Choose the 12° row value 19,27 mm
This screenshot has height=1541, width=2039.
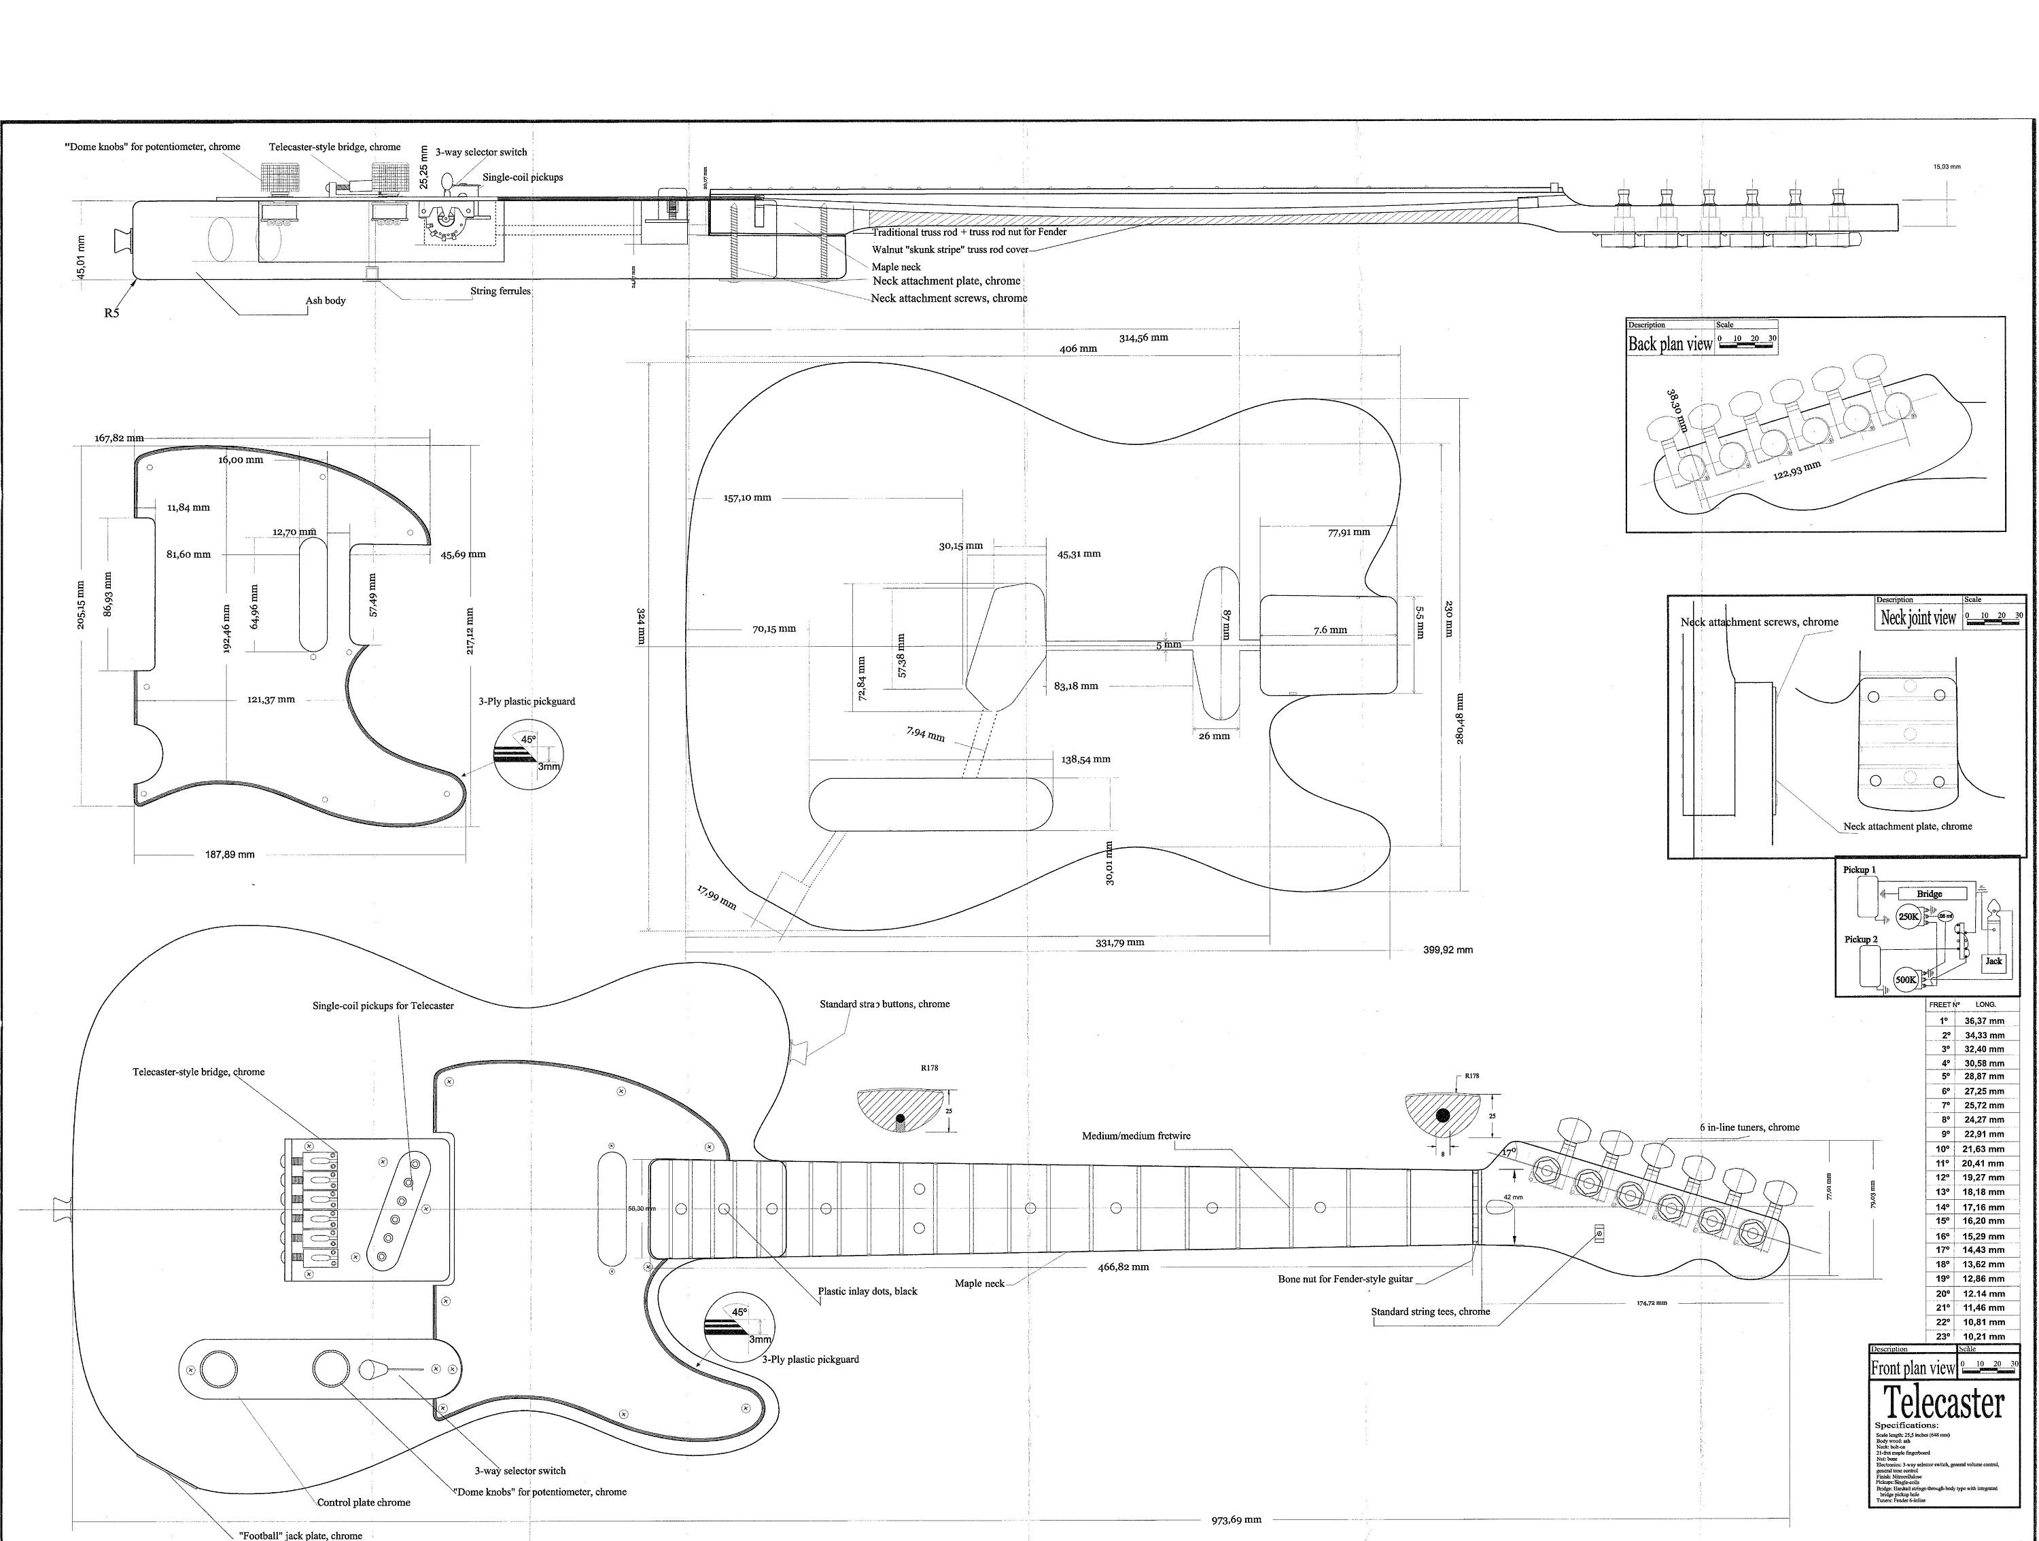(x=1984, y=1177)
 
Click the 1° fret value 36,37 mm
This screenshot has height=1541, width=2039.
(x=1984, y=1021)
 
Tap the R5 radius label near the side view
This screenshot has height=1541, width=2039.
(x=111, y=313)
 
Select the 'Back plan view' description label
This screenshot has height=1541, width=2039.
(x=1669, y=344)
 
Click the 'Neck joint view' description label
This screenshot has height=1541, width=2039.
(x=1917, y=618)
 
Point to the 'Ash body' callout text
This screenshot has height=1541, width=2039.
(x=326, y=300)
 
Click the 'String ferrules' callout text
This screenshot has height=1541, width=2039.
(x=500, y=291)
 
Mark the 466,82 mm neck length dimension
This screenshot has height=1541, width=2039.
(x=1123, y=1267)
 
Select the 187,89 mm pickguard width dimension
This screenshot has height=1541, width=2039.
(x=230, y=854)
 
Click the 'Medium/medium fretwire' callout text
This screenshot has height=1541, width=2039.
(x=1136, y=1135)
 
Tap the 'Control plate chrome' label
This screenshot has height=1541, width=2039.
(x=363, y=1502)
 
